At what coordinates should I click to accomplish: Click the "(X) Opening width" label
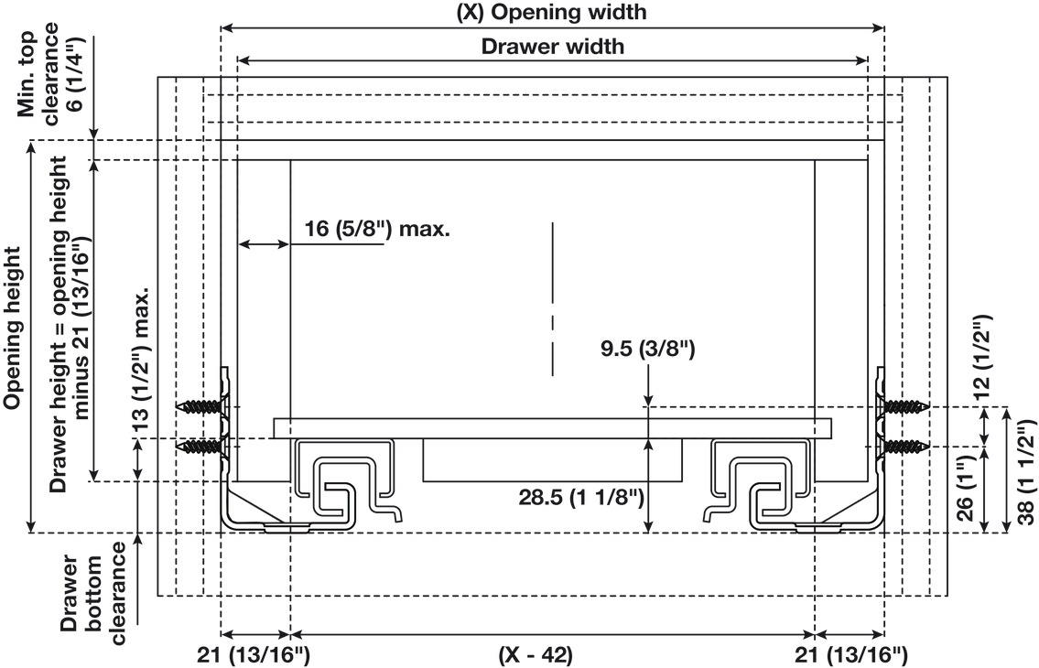(x=552, y=12)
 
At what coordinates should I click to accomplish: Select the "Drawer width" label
(x=553, y=47)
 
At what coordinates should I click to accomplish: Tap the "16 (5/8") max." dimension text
(x=377, y=230)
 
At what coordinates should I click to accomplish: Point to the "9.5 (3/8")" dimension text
(x=648, y=349)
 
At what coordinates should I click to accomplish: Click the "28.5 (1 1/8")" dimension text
(x=581, y=497)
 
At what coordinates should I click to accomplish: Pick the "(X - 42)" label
(x=536, y=655)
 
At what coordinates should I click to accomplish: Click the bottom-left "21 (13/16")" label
(x=254, y=655)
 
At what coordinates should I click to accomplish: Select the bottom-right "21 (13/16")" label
(x=850, y=655)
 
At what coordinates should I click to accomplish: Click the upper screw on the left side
(x=202, y=406)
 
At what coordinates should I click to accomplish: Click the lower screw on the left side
(x=202, y=447)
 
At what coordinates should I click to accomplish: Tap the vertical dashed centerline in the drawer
(x=553, y=299)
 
